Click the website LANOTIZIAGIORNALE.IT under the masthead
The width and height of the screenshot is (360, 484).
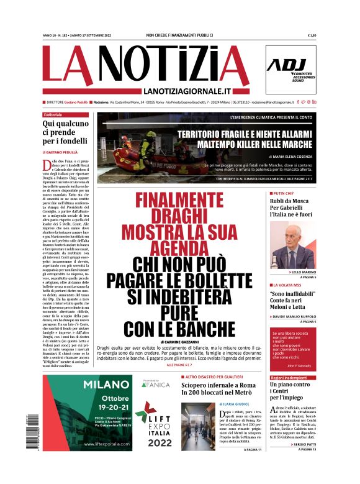click(178, 91)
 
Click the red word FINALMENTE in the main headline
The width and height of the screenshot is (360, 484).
click(179, 201)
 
